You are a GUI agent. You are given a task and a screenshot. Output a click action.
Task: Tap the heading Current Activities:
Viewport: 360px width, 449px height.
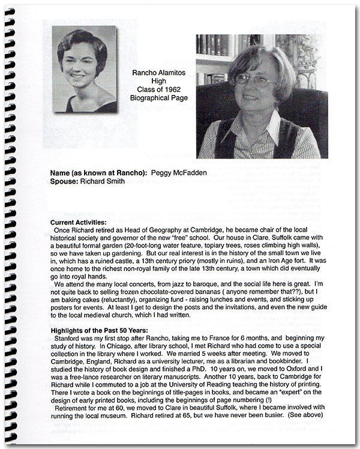click(x=80, y=222)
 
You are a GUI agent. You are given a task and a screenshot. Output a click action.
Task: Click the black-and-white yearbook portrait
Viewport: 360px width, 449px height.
click(x=84, y=69)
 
